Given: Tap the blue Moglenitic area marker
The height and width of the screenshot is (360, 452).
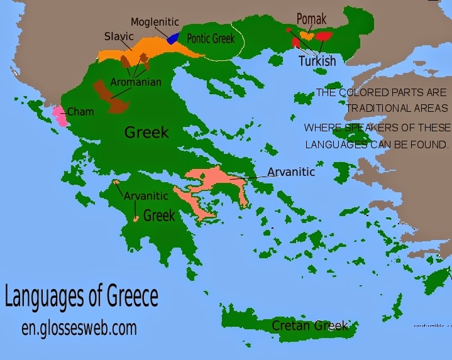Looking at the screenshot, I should click(172, 37).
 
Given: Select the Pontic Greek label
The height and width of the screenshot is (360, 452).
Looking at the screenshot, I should click(211, 39).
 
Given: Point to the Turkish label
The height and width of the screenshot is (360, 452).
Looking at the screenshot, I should click(317, 62).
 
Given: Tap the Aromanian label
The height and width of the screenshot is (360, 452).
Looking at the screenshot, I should click(136, 82).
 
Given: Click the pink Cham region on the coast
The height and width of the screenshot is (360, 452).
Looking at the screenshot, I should click(59, 116).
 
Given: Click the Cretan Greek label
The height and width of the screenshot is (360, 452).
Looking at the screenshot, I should click(309, 325).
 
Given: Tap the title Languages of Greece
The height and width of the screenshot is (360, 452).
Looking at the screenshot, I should click(81, 297).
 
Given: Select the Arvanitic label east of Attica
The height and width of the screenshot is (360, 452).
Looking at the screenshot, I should click(291, 171).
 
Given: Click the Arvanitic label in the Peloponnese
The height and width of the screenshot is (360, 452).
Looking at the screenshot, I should click(146, 196).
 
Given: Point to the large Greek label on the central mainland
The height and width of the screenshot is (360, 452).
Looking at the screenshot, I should click(146, 132).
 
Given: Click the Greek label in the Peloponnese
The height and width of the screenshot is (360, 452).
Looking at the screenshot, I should click(158, 215).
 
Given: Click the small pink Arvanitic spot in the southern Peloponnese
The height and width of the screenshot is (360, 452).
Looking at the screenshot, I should click(136, 219).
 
